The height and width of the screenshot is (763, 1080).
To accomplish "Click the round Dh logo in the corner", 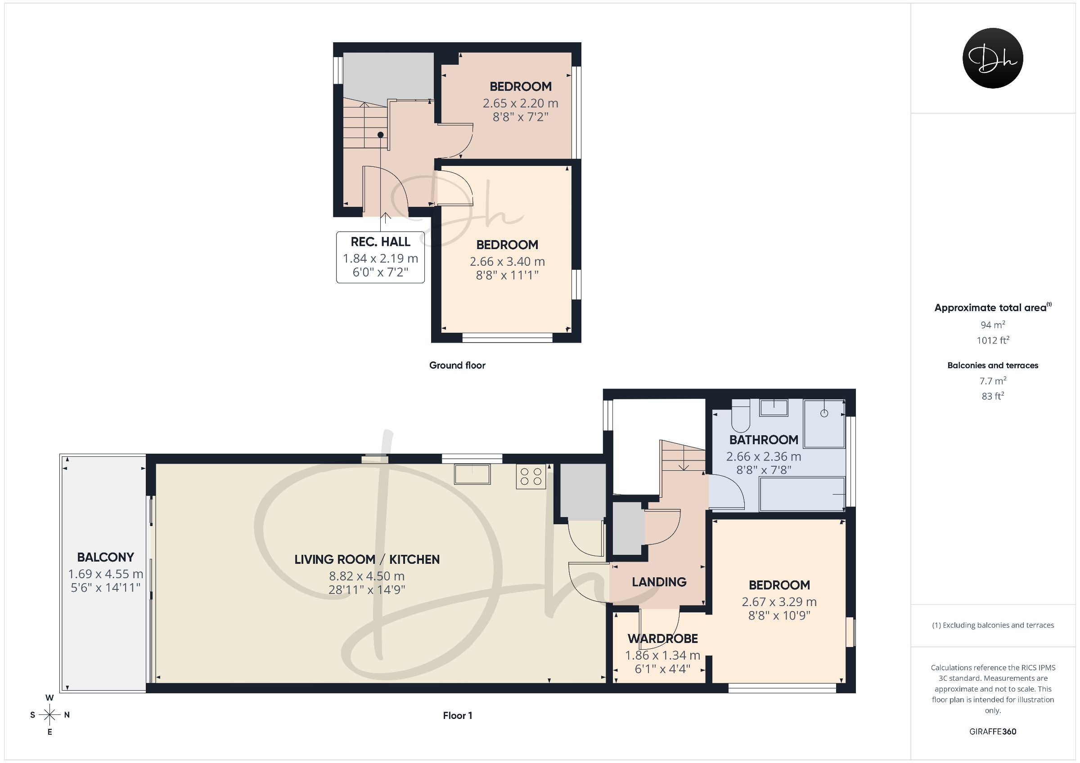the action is [x=993, y=58].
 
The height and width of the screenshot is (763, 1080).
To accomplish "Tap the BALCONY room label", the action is [x=105, y=558].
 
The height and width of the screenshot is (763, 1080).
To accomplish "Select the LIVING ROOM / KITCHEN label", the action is [x=367, y=559].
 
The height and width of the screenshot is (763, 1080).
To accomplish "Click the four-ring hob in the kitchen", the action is [x=531, y=476].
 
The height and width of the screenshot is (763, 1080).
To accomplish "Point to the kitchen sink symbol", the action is [x=472, y=474].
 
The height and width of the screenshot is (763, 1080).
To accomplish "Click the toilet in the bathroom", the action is [x=740, y=415].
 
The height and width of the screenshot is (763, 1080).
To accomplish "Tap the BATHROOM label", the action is [x=764, y=440].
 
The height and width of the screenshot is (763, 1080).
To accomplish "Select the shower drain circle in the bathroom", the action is [x=824, y=413].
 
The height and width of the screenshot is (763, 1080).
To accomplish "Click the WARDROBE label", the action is [x=663, y=639].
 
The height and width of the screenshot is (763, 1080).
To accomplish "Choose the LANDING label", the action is [x=659, y=582].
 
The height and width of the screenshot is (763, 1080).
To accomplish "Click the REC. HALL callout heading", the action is [x=381, y=241].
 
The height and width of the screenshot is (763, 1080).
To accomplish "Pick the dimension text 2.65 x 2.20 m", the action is [x=520, y=103].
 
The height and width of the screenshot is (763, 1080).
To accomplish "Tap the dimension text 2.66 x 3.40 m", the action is [x=507, y=261].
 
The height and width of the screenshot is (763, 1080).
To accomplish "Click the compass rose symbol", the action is [x=49, y=715].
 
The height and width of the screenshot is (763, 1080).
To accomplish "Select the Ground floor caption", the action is [x=457, y=365].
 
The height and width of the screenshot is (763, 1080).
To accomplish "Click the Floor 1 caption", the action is [x=457, y=715].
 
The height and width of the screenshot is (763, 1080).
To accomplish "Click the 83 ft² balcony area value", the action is [x=993, y=396].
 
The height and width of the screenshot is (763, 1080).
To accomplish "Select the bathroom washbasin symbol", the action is [x=774, y=408].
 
